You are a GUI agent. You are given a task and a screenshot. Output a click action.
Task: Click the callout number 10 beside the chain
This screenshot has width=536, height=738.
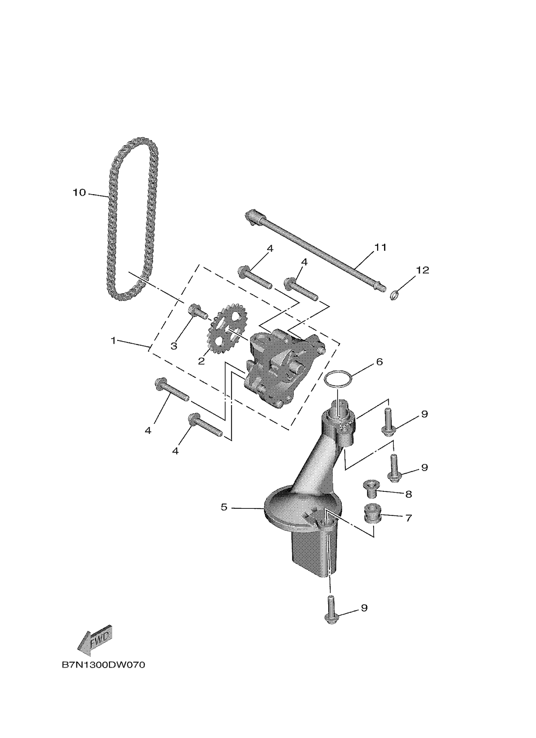pos(79,193)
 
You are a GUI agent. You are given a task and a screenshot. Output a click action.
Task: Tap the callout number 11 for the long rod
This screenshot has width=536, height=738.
pos(380,247)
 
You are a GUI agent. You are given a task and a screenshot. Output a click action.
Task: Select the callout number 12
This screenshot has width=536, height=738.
pos(422,270)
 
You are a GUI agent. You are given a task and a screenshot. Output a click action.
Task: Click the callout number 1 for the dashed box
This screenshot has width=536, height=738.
pos(113,341)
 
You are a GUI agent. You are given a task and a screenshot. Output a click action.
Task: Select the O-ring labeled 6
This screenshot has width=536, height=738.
pos(339,379)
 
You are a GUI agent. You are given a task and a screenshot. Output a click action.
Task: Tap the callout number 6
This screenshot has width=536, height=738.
pos(380,362)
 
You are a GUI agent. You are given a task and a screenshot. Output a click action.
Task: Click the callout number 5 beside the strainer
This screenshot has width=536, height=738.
pos(224,507)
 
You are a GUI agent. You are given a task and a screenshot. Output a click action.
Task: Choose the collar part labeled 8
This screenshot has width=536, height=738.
pos(370,496)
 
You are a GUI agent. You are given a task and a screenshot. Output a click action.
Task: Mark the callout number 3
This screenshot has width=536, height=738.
pos(174,346)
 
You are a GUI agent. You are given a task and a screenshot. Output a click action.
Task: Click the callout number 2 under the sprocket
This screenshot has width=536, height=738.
pos(201,361)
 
